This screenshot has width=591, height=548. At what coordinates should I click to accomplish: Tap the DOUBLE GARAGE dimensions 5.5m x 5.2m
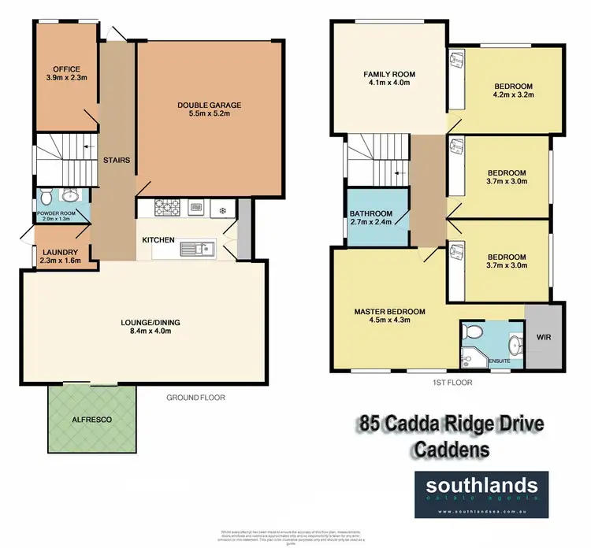click(209, 115)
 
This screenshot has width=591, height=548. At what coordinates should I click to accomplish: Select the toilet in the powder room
click(46, 195)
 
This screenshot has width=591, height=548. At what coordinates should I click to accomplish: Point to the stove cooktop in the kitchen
click(168, 209)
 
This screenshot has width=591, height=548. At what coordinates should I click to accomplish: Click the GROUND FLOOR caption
click(195, 398)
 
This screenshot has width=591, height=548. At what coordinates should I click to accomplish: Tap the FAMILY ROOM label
click(389, 75)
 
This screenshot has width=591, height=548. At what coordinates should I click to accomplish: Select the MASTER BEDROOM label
click(389, 312)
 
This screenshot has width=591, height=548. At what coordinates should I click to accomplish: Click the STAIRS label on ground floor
click(116, 161)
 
